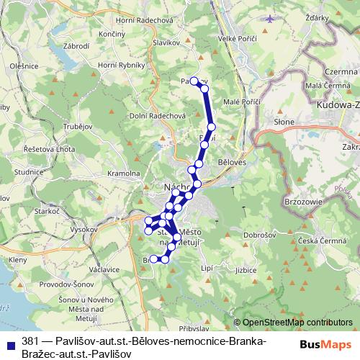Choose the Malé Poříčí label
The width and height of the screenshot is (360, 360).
click(242, 102)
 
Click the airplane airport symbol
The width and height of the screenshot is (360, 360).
click(269, 18)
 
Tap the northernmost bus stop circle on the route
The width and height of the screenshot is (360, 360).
click(194, 81)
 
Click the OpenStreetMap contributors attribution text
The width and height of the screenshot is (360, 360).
click(297, 323)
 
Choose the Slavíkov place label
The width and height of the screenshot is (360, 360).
click(165, 43)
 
